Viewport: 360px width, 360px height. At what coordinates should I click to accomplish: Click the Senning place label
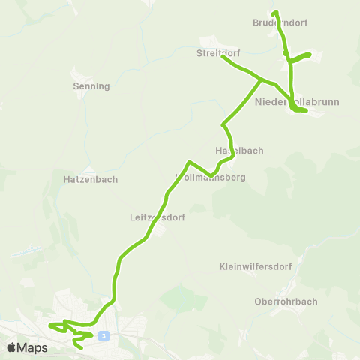coord(91,86)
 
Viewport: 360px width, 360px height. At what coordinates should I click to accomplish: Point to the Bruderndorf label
coord(280,23)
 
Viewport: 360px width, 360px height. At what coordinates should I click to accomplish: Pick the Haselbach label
coord(239,151)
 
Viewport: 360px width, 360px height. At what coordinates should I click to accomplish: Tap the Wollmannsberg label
coord(210,178)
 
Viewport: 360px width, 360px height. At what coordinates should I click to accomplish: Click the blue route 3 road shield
coord(103,335)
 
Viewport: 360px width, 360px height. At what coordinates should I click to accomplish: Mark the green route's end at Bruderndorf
coord(275,13)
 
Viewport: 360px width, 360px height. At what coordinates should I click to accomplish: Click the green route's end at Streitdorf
coord(223,57)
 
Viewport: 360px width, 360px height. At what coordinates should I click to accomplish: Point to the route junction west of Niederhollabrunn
coord(260,78)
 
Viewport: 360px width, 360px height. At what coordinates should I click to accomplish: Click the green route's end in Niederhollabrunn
coord(306,112)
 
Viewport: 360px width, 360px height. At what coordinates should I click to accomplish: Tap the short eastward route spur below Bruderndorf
coord(301,56)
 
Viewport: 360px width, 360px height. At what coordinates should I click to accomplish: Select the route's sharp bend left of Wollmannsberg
coord(189,163)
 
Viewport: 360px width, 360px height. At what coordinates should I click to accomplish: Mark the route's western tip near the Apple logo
coord(50,325)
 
